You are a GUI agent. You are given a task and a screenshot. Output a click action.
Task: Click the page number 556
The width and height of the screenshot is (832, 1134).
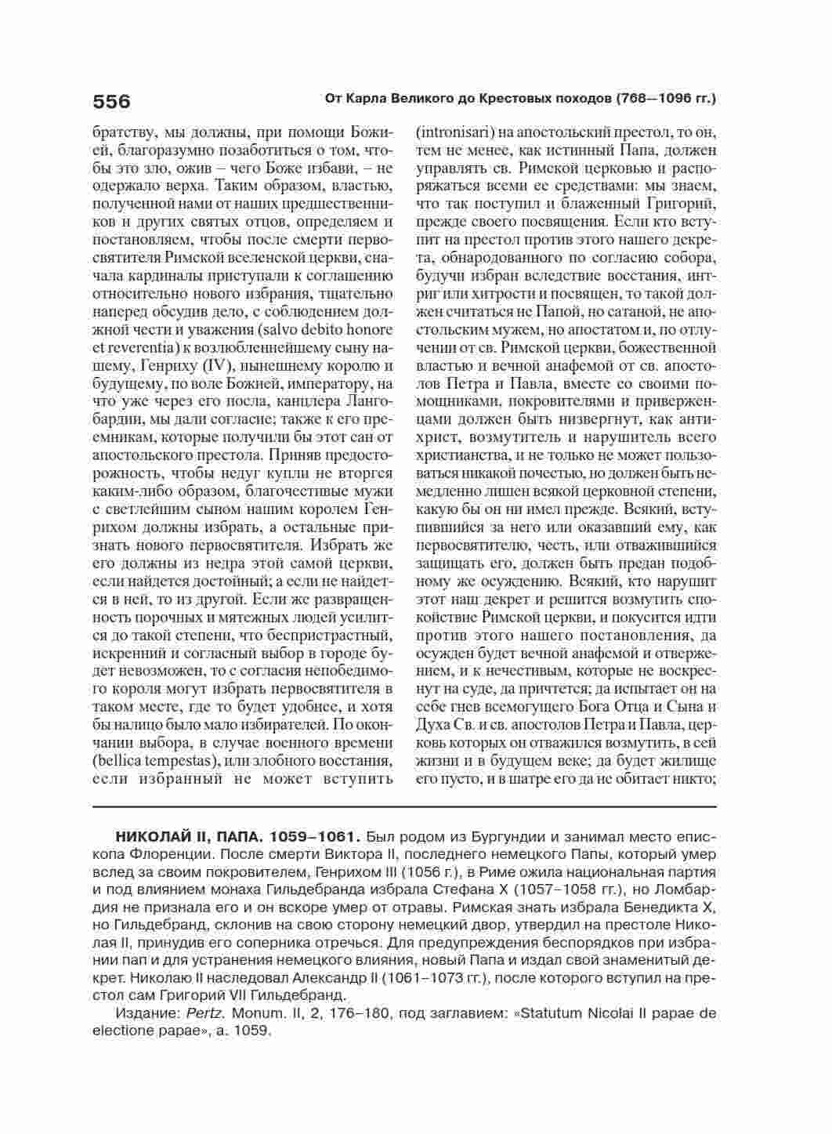pyautogui.click(x=111, y=101)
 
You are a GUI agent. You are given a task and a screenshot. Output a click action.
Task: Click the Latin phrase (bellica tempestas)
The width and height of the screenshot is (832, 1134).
pyautogui.click(x=157, y=760)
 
